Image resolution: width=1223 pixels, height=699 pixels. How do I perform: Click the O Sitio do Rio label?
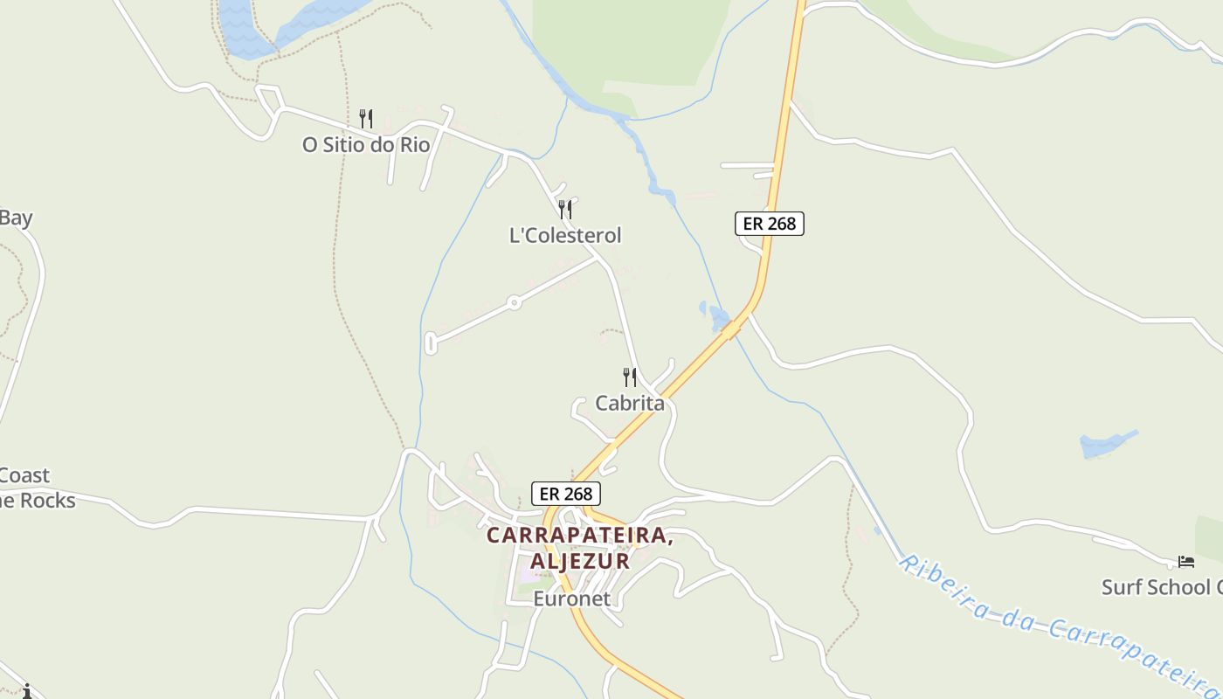(x=366, y=145)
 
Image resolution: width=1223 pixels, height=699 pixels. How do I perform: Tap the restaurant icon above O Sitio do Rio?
(x=367, y=118)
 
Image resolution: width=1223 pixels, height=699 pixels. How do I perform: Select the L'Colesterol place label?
(x=565, y=235)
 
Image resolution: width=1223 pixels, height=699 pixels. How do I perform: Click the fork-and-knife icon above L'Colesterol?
(x=565, y=210)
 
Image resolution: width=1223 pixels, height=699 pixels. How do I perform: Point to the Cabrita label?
(x=629, y=404)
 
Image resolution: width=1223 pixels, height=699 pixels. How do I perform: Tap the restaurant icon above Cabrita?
(x=629, y=377)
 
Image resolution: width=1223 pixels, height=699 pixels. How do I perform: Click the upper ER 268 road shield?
(x=769, y=224)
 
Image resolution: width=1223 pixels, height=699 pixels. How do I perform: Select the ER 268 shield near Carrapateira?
(x=565, y=494)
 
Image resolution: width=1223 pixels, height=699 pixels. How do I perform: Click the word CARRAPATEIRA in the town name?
(x=579, y=535)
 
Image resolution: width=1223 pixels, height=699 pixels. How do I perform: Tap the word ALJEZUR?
(x=579, y=561)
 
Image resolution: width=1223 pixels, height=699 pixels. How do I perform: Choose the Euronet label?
(x=571, y=599)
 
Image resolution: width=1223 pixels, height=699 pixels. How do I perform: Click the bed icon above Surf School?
(x=1185, y=562)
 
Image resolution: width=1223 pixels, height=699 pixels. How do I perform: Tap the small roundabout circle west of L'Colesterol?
(x=514, y=302)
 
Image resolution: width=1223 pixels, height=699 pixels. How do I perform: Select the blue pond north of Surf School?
(x=1106, y=444)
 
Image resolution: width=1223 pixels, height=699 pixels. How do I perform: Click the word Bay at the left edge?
(x=16, y=218)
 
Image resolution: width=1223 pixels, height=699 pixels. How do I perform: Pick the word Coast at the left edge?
(x=24, y=476)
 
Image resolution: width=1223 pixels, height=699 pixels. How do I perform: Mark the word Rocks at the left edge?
(x=47, y=502)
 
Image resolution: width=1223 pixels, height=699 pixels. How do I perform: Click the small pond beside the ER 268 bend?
(x=717, y=316)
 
